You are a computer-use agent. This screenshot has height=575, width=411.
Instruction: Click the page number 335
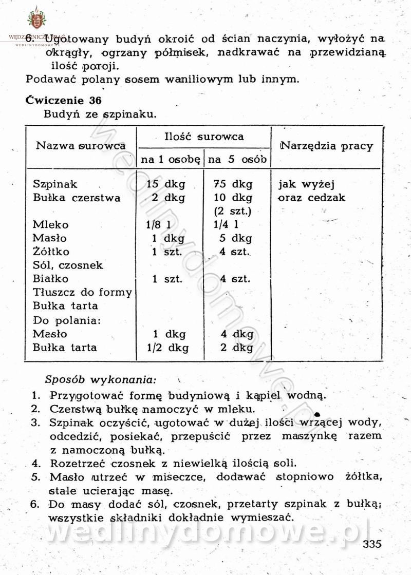coord(372,544)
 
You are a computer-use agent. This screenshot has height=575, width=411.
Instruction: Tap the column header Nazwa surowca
coord(81,145)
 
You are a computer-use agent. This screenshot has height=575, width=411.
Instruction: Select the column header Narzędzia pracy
coord(327,146)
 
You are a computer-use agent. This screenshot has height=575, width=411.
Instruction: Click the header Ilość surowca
coord(204,137)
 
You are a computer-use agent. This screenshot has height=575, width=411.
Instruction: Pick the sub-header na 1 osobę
coord(170,160)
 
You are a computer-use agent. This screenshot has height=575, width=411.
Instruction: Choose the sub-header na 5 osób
coord(237,160)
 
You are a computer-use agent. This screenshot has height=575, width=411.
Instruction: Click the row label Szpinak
coord(55,184)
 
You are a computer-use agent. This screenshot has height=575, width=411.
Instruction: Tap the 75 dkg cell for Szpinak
coord(232,184)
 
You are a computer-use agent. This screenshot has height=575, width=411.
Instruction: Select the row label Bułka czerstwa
coord(77,198)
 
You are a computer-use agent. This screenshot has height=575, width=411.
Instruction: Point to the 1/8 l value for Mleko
coord(157,225)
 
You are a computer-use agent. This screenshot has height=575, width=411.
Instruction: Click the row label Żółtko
coord(51,252)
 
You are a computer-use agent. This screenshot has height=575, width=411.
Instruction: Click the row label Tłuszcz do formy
coord(82,293)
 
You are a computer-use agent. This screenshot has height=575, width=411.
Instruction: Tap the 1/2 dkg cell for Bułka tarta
coord(167,348)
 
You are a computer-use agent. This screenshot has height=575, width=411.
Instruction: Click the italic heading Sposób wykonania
coord(100,380)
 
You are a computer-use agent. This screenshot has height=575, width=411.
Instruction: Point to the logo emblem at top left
coord(36,20)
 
